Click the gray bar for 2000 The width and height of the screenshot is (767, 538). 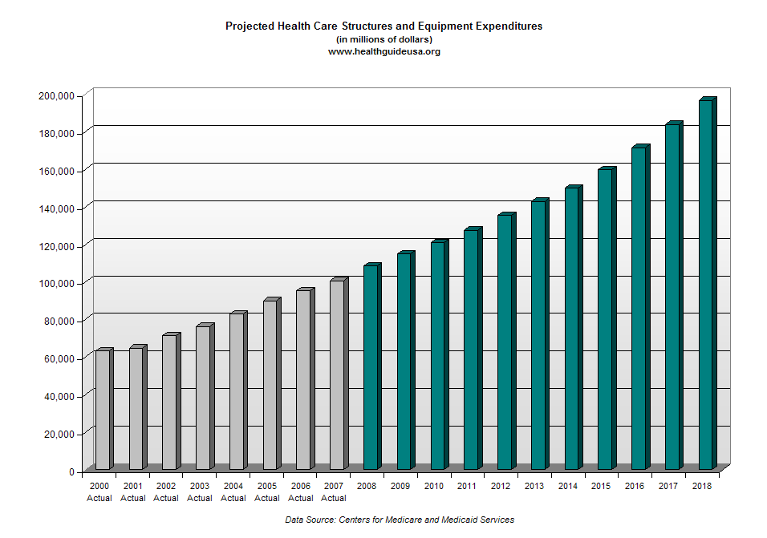click(103, 410)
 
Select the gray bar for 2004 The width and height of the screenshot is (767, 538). click(237, 391)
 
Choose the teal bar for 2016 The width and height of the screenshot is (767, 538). click(639, 309)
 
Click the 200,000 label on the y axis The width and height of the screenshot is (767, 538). click(56, 95)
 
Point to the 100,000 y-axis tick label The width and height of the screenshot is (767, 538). click(56, 283)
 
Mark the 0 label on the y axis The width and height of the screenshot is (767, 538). click(71, 471)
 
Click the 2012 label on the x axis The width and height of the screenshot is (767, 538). click(501, 486)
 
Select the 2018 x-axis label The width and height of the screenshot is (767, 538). click(702, 486)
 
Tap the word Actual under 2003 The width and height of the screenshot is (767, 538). click(200, 498)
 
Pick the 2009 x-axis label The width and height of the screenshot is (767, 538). click(400, 486)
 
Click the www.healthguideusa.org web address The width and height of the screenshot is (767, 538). click(383, 51)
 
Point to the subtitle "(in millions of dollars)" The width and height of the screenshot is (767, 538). click(383, 39)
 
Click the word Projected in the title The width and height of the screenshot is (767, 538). click(249, 26)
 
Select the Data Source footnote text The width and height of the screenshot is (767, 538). click(400, 520)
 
